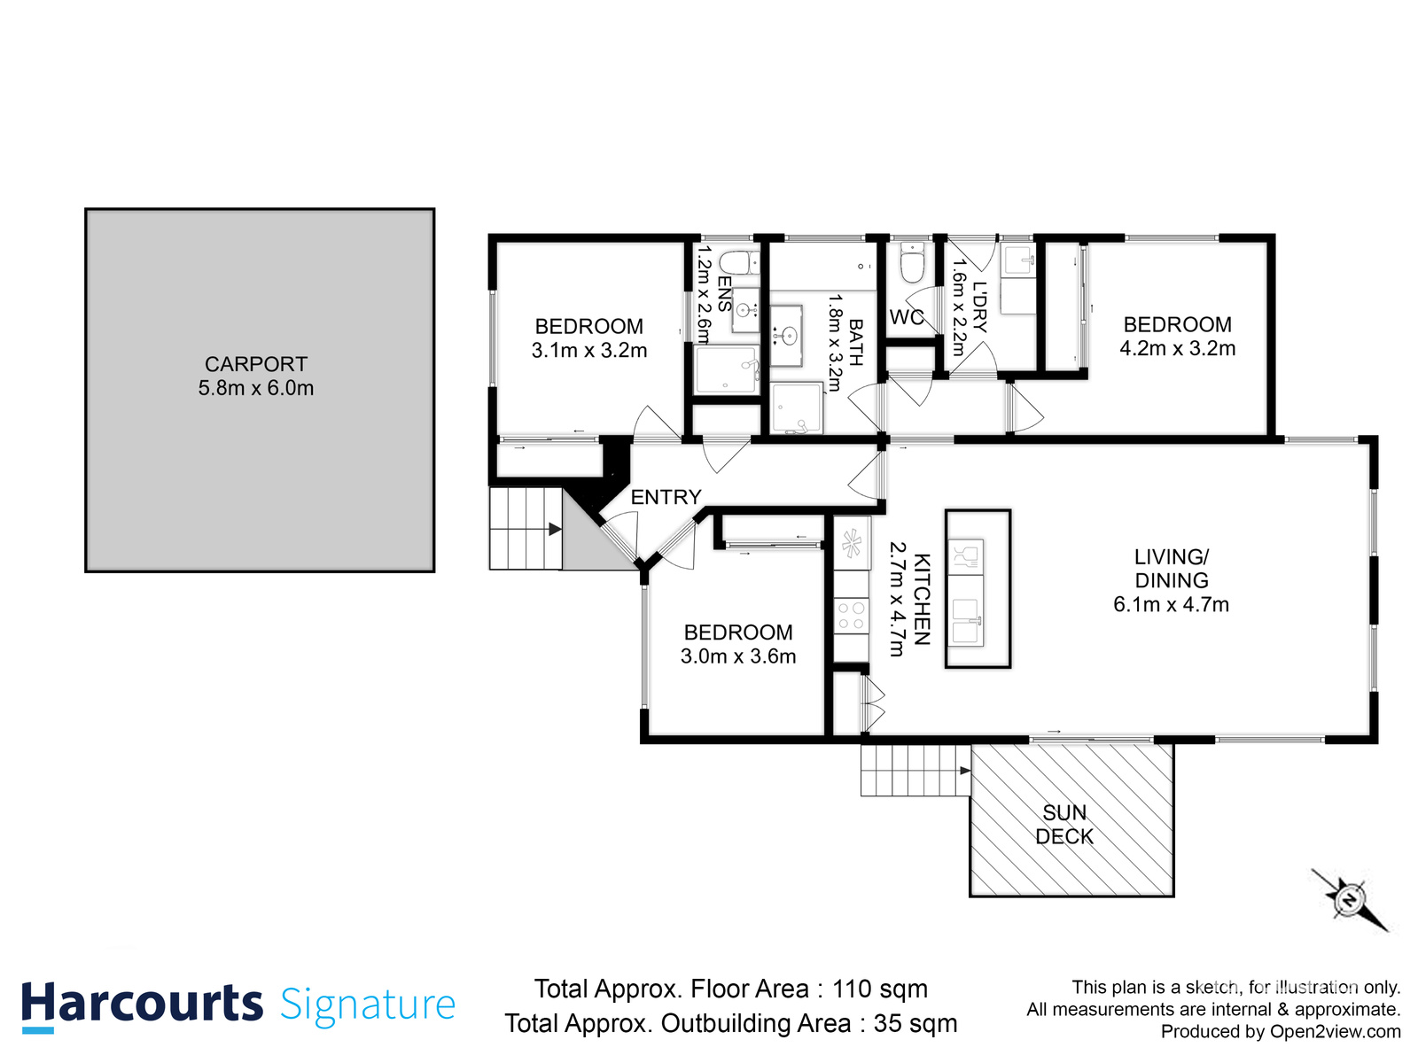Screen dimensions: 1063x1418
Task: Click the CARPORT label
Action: tap(255, 364)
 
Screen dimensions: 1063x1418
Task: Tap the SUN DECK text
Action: tap(1064, 825)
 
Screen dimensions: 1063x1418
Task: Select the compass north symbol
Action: tap(1349, 900)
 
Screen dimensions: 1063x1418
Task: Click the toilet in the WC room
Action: tap(912, 263)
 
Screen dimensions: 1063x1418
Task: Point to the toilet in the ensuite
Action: tap(738, 262)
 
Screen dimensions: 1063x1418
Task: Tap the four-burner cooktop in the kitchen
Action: tap(852, 616)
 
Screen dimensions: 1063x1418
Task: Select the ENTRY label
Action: tap(666, 497)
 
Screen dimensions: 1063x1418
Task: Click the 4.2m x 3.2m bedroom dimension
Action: tap(1177, 349)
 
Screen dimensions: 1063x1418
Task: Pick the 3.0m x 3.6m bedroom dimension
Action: tap(738, 656)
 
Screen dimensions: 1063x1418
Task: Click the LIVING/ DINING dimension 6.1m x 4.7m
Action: tap(1171, 605)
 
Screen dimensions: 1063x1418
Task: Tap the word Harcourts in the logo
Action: tap(142, 1005)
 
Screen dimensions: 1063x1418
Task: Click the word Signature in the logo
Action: tap(368, 1005)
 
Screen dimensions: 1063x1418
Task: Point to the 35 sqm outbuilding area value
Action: tap(915, 1023)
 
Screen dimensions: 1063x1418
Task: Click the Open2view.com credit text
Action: tap(1335, 1031)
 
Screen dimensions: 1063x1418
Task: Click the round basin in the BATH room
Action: tap(786, 335)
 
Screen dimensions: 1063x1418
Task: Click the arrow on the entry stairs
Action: tap(555, 529)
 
